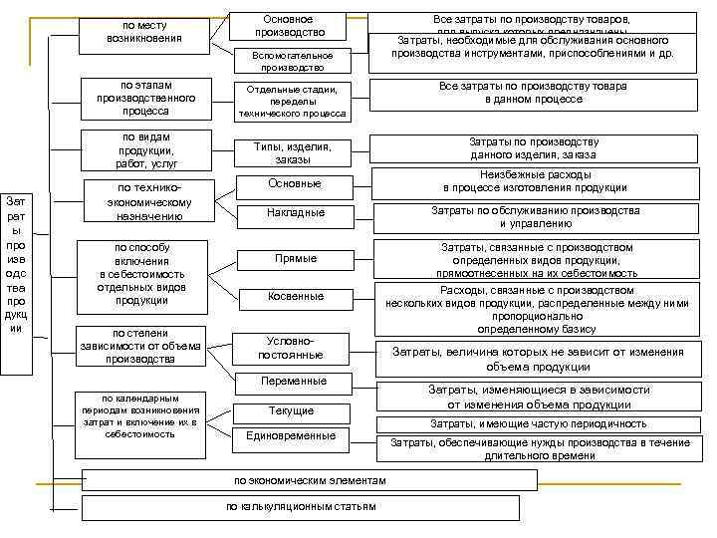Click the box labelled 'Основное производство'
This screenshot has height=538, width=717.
289,25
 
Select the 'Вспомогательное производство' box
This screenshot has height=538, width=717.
292,61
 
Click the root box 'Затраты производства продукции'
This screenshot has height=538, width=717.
17,263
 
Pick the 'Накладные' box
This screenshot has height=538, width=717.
295,212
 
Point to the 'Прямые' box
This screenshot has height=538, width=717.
295,259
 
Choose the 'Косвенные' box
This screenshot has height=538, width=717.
295,296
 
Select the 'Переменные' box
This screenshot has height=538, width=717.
293,382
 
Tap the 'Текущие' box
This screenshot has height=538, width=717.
292,410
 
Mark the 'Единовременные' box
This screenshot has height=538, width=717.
291,435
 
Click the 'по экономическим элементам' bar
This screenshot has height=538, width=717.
309,480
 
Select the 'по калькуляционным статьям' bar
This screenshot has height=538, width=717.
301,507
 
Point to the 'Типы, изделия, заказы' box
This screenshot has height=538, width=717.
292,152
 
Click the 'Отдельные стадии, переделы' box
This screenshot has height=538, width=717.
292,101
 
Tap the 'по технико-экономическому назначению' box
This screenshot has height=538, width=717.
149,201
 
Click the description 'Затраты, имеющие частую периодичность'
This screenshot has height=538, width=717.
538,423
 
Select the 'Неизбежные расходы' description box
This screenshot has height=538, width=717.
535,180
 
